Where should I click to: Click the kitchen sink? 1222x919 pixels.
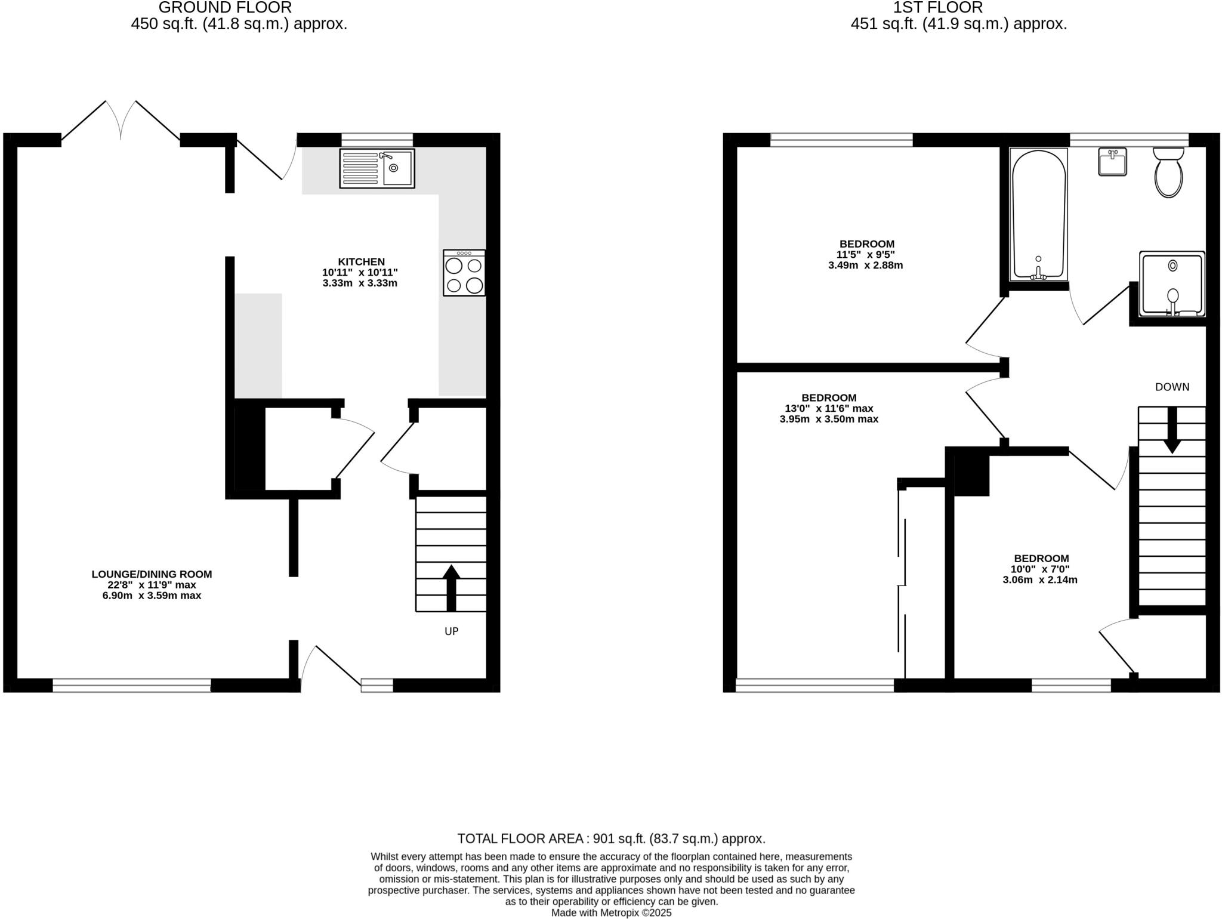(x=377, y=168)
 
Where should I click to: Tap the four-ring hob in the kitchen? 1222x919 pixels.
(x=464, y=273)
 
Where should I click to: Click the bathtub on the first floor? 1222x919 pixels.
(x=1038, y=215)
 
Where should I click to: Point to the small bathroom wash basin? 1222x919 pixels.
(x=1112, y=161)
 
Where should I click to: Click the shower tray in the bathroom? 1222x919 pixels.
(x=1172, y=284)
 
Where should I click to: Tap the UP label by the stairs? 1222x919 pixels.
(x=451, y=631)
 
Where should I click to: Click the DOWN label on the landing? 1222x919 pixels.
(x=1172, y=387)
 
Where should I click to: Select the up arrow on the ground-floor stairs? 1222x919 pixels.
(x=451, y=587)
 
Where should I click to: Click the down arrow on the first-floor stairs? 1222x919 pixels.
(x=1172, y=430)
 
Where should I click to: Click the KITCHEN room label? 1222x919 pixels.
(x=361, y=261)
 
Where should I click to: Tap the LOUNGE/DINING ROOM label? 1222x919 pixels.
(x=152, y=574)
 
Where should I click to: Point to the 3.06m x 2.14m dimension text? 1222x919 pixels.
(x=1040, y=579)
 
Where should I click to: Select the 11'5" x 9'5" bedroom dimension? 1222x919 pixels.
(x=865, y=254)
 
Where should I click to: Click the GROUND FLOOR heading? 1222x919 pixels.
(x=225, y=8)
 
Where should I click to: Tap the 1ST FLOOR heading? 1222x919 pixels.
(x=958, y=8)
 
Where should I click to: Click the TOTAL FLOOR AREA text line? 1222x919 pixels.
(x=611, y=838)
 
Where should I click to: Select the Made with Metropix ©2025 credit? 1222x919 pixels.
(x=611, y=913)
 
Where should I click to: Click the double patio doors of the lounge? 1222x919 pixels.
(x=121, y=122)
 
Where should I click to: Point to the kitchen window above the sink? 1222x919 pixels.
(x=377, y=140)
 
